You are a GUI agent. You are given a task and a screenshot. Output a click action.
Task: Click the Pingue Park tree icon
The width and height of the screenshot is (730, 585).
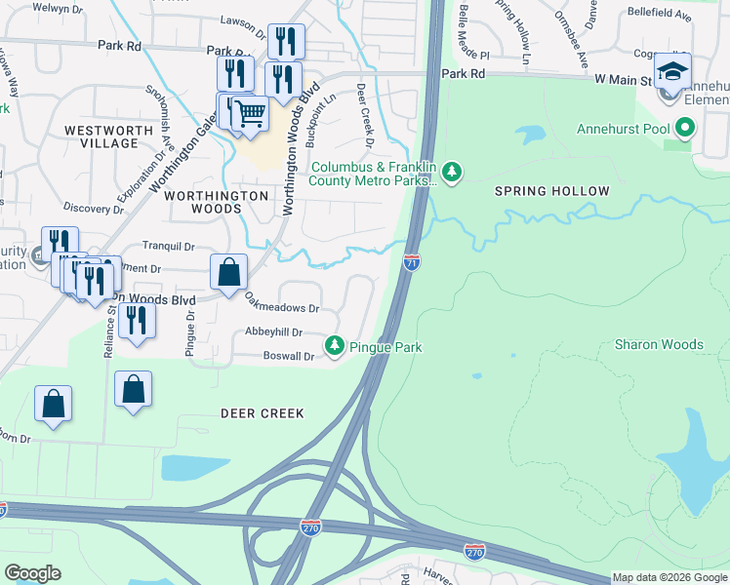tap(335, 346)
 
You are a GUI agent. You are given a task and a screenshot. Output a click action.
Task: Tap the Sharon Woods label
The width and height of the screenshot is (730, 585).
tap(659, 344)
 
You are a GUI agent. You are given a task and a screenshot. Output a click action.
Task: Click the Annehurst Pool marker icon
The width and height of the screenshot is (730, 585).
tap(686, 128)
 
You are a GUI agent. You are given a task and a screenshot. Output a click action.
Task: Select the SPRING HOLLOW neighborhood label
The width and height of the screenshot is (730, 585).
tap(551, 191)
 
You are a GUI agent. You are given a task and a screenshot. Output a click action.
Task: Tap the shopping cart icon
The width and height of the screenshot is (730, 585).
tap(251, 114)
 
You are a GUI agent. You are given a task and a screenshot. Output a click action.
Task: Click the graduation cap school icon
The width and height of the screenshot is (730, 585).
tap(672, 70)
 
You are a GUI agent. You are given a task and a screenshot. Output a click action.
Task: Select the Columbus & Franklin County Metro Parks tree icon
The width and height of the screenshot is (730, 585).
tap(451, 173)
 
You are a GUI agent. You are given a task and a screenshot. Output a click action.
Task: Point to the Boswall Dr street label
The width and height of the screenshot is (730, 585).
tap(289, 357)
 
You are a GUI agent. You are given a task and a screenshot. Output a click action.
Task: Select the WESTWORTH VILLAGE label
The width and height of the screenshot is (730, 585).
tap(101, 136)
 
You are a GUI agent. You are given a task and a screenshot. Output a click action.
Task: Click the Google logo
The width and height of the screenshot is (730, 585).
tap(32, 573)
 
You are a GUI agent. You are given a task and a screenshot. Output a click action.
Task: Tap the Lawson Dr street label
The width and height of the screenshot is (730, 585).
tap(243, 23)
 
